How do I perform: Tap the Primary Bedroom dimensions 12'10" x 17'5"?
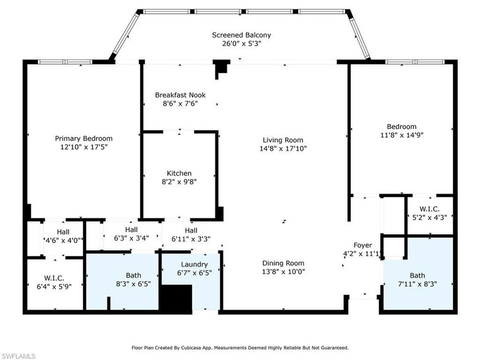[83, 147]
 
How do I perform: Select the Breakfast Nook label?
[180, 95]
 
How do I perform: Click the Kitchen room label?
[179, 173]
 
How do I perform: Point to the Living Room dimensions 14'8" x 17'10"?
[283, 149]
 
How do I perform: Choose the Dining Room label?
[282, 263]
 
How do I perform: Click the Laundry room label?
[194, 265]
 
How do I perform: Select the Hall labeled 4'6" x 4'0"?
[63, 232]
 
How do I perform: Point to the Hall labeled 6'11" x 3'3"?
[191, 230]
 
